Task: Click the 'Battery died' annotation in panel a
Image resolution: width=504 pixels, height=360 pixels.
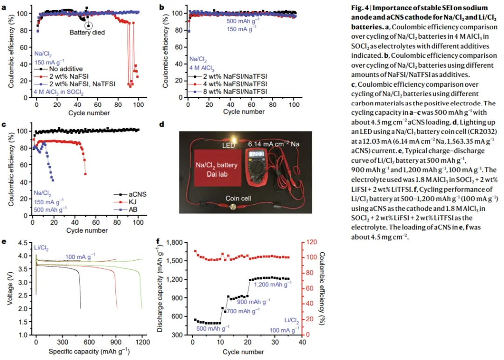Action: [x=87, y=33]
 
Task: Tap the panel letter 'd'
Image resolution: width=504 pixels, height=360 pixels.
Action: [x=161, y=125]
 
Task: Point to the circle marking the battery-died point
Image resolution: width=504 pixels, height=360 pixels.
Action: [x=89, y=25]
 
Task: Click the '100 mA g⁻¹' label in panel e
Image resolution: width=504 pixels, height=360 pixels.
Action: [x=80, y=256]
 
